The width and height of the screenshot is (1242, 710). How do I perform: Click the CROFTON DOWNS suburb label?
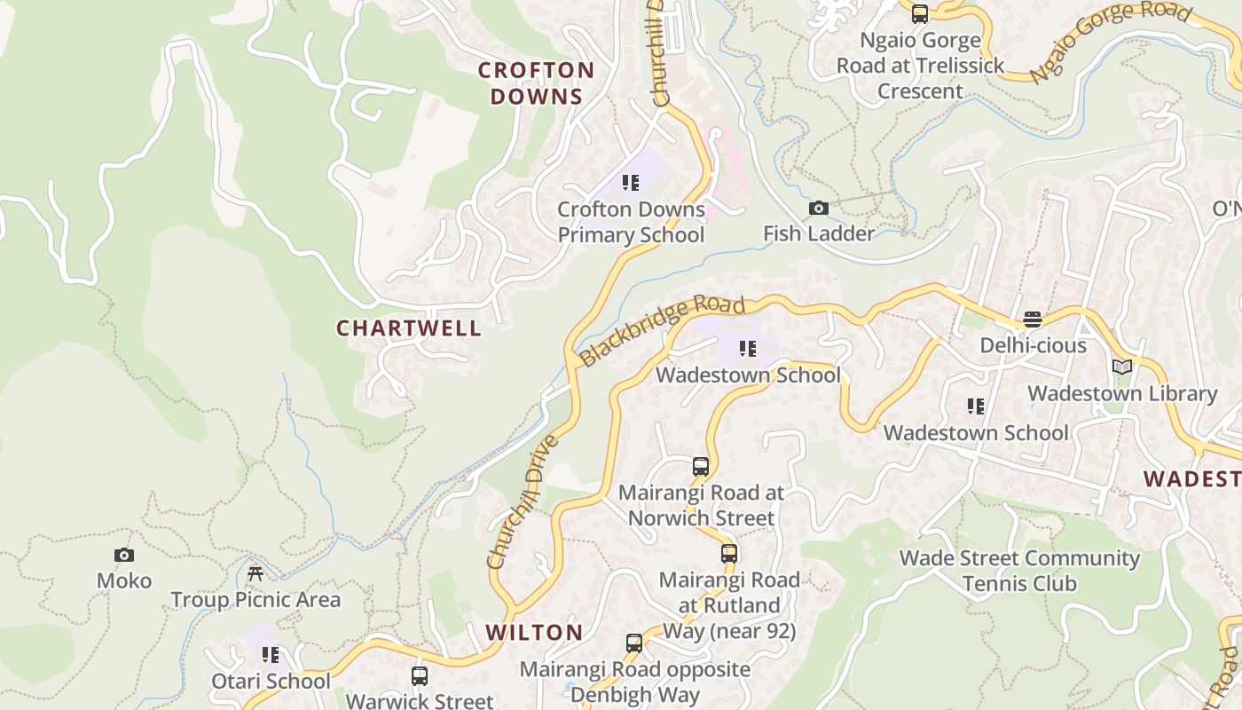click(536, 83)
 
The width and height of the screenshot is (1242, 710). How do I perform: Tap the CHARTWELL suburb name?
click(409, 328)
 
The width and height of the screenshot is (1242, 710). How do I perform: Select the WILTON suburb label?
click(534, 633)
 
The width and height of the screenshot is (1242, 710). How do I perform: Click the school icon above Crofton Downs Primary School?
click(631, 184)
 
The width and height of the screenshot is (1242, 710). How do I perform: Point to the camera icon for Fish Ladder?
click(819, 209)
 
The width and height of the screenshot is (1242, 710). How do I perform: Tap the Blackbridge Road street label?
click(662, 331)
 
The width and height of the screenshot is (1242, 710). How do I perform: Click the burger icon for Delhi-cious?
click(1033, 319)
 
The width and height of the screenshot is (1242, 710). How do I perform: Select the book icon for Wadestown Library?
click(1122, 367)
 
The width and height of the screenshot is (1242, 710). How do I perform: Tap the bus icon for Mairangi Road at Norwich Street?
click(701, 467)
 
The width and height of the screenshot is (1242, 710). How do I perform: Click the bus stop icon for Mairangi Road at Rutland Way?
click(728, 554)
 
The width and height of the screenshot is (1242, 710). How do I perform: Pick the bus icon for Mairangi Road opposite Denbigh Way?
click(634, 643)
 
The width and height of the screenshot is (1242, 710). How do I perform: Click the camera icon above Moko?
click(124, 556)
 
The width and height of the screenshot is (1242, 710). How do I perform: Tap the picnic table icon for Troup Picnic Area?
click(255, 574)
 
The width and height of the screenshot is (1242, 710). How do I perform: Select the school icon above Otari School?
click(271, 655)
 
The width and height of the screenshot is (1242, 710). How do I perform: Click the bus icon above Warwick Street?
click(420, 676)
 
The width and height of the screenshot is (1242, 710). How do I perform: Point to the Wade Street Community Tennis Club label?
click(1019, 571)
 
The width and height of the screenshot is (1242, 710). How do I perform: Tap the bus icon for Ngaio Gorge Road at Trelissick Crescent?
click(920, 14)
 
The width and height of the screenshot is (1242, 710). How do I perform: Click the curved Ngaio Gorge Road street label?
click(1112, 40)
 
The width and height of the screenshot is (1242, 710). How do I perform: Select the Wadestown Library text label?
click(1122, 393)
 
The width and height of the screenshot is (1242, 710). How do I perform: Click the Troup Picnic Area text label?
click(255, 600)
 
